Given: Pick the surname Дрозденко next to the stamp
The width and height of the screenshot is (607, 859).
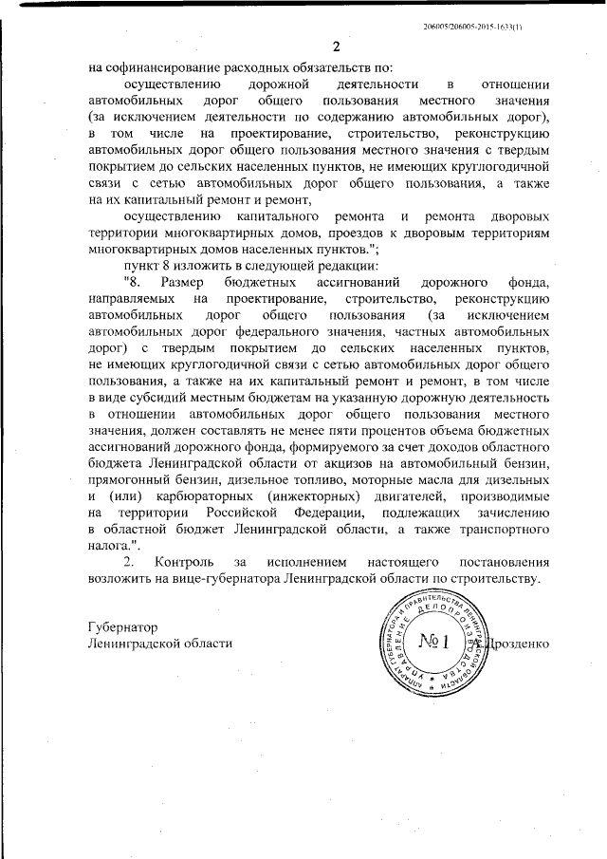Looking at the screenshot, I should (519, 644).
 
